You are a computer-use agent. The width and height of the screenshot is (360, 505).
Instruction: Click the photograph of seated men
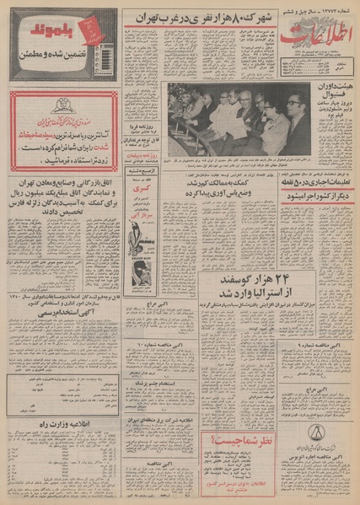(x=239, y=119)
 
